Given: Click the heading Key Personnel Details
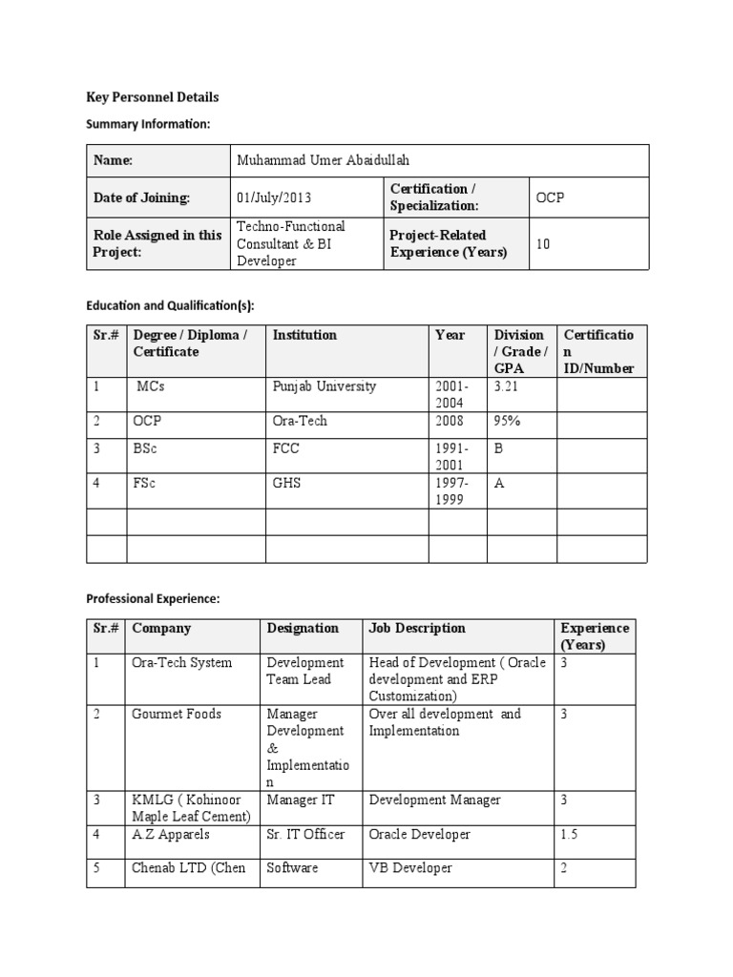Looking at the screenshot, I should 153,97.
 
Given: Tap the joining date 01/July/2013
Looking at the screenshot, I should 274,198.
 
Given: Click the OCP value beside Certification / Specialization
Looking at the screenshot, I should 551,198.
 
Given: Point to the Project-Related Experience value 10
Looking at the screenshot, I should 543,244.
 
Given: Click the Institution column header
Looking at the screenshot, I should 304,335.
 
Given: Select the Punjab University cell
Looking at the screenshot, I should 325,386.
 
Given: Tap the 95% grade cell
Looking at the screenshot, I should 508,421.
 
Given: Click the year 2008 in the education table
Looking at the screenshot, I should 450,421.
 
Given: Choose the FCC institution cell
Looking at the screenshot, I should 287,448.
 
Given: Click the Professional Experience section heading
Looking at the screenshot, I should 153,598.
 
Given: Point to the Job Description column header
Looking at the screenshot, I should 417,628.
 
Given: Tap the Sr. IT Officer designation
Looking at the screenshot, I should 305,834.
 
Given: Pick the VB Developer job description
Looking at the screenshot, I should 410,868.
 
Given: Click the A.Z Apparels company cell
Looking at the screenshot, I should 171,834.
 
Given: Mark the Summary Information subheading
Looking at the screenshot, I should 148,124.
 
